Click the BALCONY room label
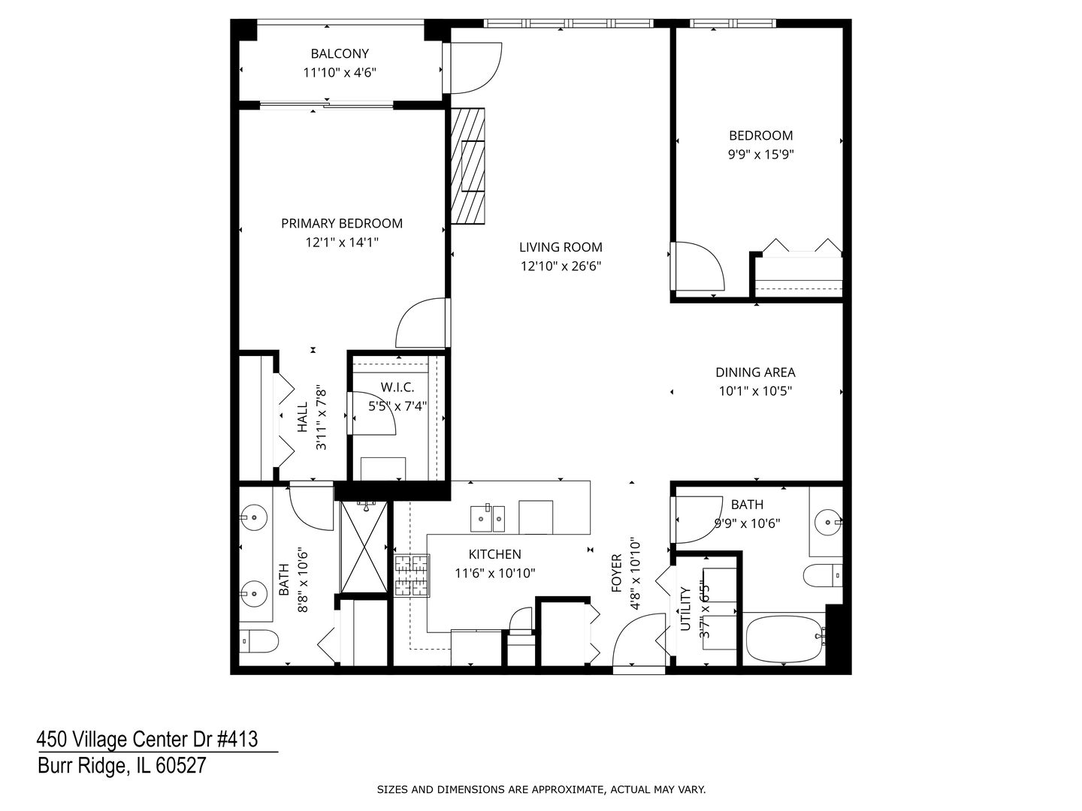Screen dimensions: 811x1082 click(x=340, y=53)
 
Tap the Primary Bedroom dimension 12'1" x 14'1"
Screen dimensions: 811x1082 click(x=341, y=243)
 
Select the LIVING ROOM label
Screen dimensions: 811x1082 click(x=561, y=247)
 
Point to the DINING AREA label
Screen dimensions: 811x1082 click(x=754, y=372)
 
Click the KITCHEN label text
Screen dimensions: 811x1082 click(x=494, y=554)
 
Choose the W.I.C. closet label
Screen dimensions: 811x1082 click(x=397, y=387)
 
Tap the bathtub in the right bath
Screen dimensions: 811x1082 click(x=783, y=639)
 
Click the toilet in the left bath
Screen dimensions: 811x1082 click(x=258, y=641)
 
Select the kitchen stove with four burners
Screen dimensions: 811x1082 click(x=412, y=575)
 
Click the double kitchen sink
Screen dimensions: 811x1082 click(x=488, y=517)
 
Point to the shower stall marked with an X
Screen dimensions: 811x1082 click(x=364, y=547)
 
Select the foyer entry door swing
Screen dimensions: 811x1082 click(x=639, y=642)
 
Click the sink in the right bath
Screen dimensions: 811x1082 click(x=827, y=520)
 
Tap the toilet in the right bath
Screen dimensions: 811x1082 click(x=822, y=576)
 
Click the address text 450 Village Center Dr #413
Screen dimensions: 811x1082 click(x=147, y=740)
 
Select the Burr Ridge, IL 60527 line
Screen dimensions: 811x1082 click(x=121, y=766)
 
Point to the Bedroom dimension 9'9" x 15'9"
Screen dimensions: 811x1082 click(x=760, y=155)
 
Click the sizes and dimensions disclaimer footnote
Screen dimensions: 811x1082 click(x=541, y=789)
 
